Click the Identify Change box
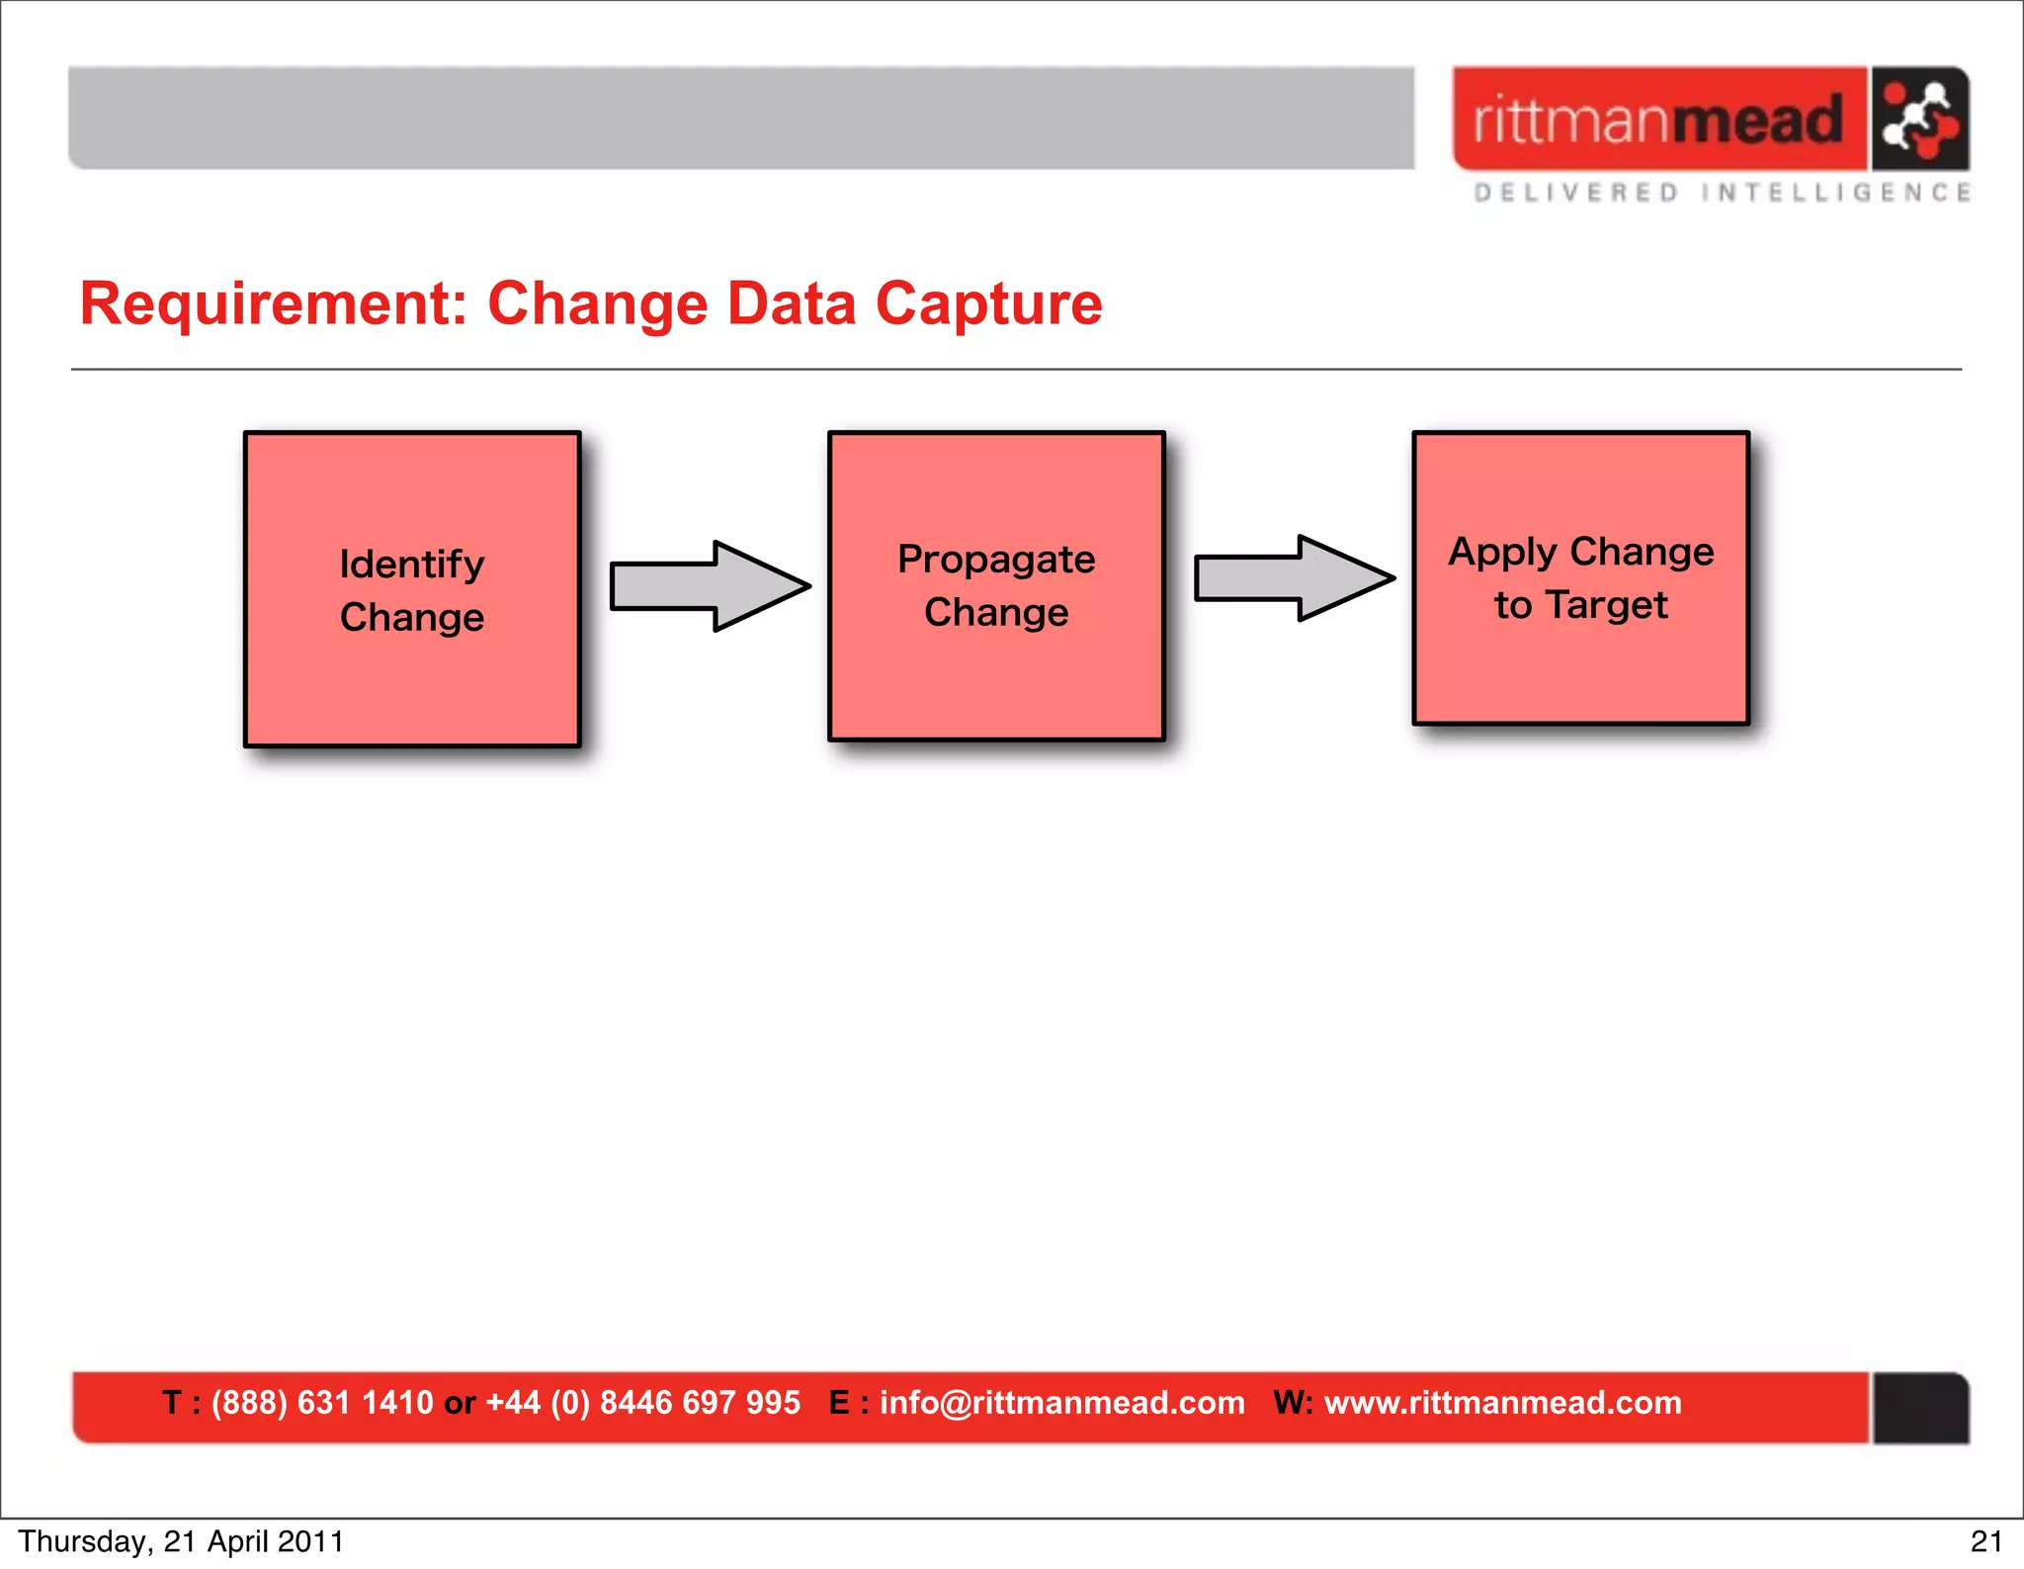click(412, 589)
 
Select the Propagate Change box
click(996, 586)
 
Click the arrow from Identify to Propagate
click(709, 586)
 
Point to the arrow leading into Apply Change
click(1293, 578)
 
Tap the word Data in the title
click(791, 304)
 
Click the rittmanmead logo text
click(1658, 121)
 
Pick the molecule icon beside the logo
click(1918, 121)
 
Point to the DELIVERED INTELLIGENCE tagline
click(1722, 193)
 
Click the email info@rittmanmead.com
click(1061, 1403)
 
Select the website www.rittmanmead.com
click(1502, 1403)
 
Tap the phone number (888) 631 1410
click(322, 1403)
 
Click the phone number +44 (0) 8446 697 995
click(642, 1403)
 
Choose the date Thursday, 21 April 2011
click(181, 1541)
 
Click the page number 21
click(1985, 1541)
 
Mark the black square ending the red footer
click(1920, 1408)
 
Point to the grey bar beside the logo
click(741, 119)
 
